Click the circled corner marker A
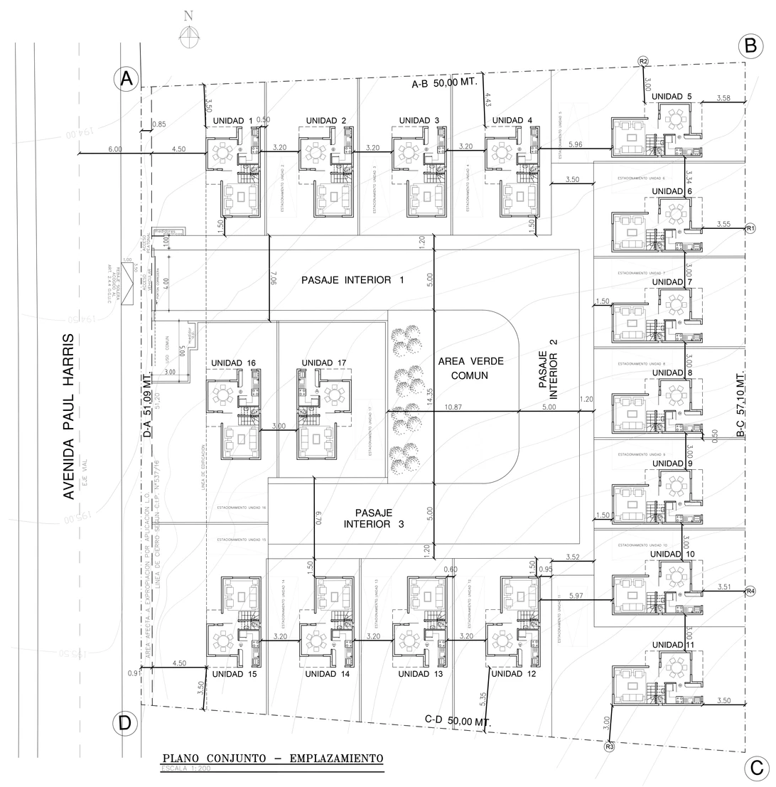[126, 79]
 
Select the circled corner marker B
[750, 46]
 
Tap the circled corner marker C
[756, 768]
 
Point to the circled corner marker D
[125, 724]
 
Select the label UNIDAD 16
[233, 363]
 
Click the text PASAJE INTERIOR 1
[352, 280]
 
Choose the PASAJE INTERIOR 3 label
[373, 518]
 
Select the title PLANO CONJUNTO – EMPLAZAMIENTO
[272, 759]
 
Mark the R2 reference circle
[643, 61]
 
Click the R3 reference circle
[609, 746]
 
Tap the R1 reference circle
[750, 228]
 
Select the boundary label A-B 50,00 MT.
[444, 83]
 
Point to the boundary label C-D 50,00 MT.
[458, 720]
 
